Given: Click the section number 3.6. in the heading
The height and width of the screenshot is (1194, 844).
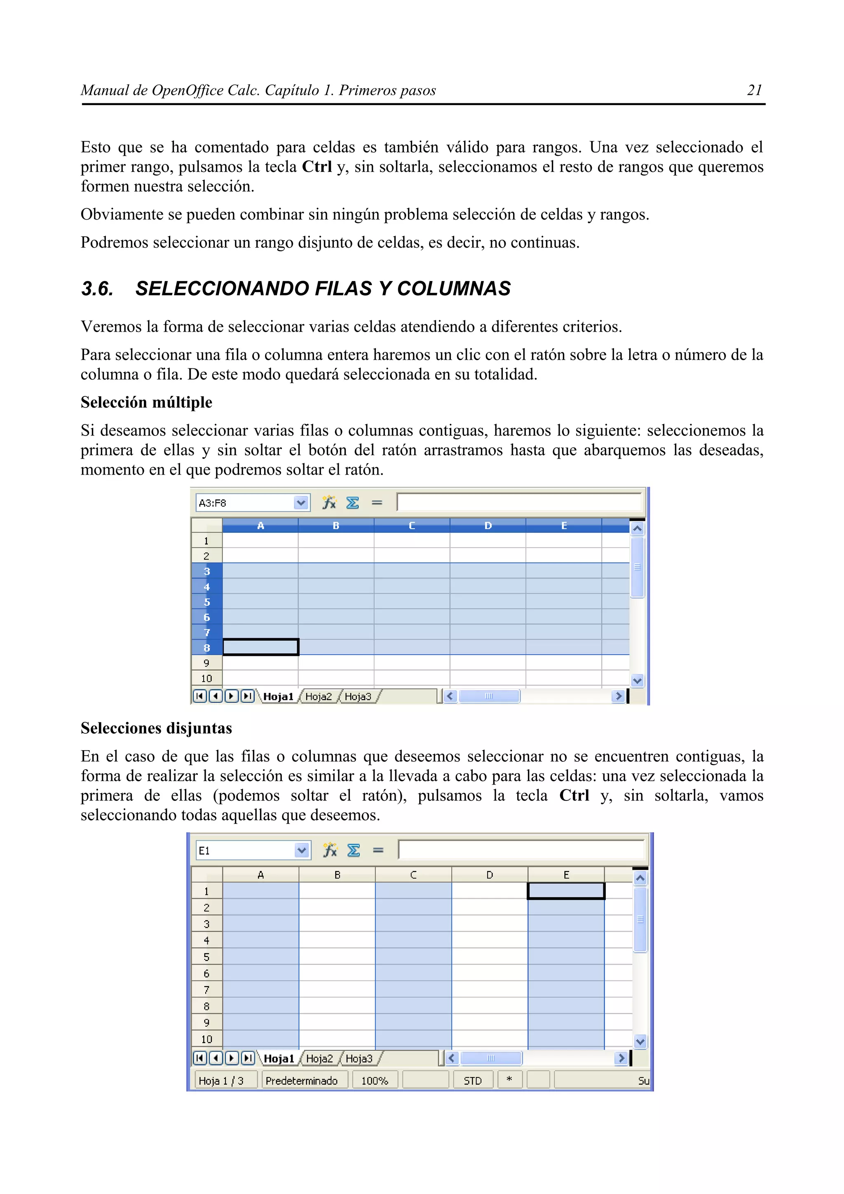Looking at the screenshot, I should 97,289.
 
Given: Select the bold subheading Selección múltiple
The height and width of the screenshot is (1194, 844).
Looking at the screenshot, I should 146,402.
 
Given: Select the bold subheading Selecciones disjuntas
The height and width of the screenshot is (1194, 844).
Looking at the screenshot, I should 156,728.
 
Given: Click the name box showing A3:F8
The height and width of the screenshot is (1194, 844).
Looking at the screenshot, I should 244,503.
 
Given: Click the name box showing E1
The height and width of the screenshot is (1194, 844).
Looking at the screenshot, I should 244,851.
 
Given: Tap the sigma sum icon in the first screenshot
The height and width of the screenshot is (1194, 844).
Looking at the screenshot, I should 353,503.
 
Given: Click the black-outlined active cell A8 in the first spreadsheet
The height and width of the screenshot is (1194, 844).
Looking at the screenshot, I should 260,647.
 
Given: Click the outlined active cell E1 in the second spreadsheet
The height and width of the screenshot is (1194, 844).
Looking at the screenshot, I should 566,891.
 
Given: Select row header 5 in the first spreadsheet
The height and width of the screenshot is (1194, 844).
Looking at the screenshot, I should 206,602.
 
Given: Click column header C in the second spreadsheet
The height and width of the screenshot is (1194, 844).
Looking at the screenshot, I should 413,875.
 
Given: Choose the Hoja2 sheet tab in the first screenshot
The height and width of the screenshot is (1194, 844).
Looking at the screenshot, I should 318,696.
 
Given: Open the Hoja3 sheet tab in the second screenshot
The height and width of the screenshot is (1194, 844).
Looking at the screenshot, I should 359,1058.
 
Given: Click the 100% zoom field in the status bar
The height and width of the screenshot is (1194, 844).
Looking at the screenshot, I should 375,1081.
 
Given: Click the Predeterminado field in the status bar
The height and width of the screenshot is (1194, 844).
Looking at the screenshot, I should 302,1081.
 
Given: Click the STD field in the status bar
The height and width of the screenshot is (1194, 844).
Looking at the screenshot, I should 472,1081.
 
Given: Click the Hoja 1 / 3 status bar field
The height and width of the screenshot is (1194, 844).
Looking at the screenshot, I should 221,1081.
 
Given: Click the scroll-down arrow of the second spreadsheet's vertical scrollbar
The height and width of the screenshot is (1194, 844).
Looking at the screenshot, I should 640,1042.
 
